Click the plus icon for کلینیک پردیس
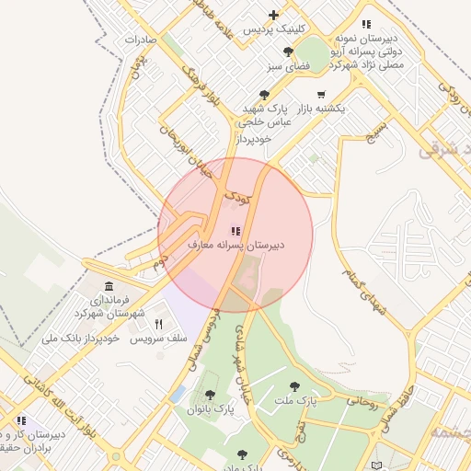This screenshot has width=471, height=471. point(273,15)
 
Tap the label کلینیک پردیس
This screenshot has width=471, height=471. point(274,29)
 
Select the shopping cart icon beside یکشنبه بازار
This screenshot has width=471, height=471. point(320,94)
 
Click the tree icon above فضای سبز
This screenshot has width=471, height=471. point(289,52)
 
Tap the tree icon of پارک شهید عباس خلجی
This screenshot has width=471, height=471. point(265,94)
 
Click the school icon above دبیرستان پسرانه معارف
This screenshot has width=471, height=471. point(235,231)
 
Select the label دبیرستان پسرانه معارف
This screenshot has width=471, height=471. point(236,246)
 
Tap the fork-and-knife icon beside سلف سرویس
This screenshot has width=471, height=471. point(158,324)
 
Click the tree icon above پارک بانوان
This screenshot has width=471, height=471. point(210,395)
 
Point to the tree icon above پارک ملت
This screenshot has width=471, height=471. point(294,386)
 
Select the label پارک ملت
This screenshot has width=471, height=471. point(294,401)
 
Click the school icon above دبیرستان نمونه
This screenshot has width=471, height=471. point(366,24)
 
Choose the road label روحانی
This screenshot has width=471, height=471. point(362,402)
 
